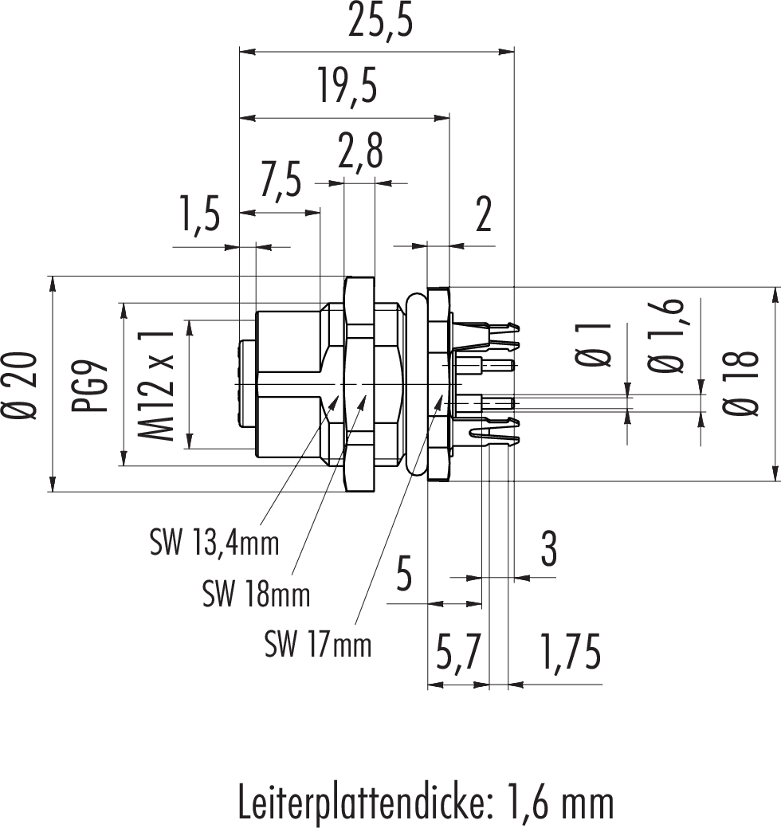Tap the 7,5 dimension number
pos(281,180)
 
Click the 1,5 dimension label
pos(198,218)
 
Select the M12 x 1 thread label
pos(156,387)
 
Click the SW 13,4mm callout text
pos(214,543)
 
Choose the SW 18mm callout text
pos(256,594)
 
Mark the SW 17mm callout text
pos(318,644)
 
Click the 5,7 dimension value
pos(457,653)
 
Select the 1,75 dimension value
pos(569,653)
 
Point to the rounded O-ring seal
pos(414,387)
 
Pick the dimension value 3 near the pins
pos(548,549)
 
